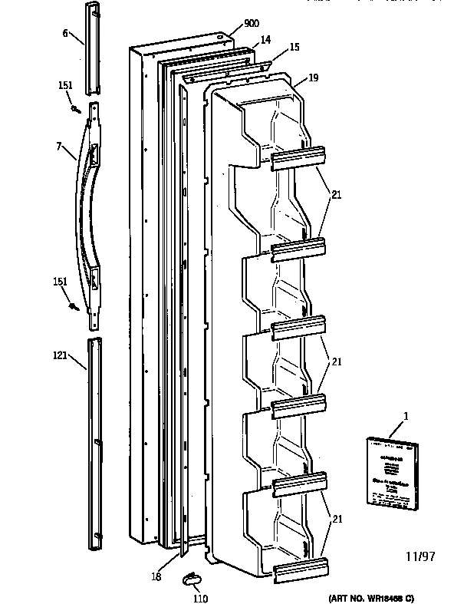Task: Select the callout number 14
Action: pos(265,38)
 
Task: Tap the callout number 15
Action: pos(294,48)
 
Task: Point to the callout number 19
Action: pos(313,77)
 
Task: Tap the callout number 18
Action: pos(157,576)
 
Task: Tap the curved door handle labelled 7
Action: pos(84,207)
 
